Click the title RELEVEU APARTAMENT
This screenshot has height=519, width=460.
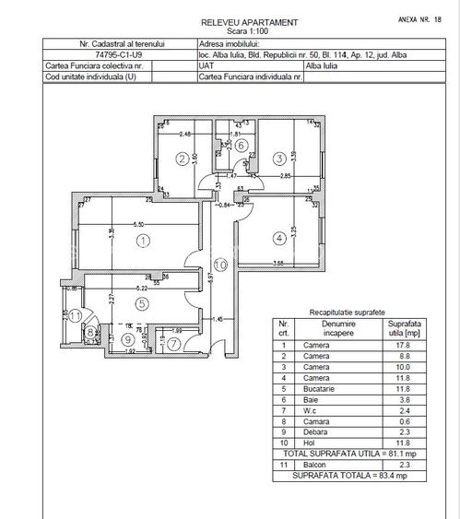(x=249, y=21)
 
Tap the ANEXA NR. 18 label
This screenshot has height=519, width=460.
(x=421, y=18)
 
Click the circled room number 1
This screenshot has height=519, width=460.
(x=142, y=242)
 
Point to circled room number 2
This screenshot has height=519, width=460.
(x=183, y=159)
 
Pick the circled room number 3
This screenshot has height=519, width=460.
(x=279, y=159)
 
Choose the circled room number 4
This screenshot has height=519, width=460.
(x=279, y=239)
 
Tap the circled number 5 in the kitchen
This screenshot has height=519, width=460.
(x=141, y=302)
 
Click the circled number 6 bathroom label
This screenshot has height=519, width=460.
(x=241, y=145)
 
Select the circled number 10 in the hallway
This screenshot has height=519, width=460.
(x=219, y=266)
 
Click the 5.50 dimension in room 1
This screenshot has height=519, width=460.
(x=139, y=225)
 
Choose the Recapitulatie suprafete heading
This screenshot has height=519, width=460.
(x=348, y=313)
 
